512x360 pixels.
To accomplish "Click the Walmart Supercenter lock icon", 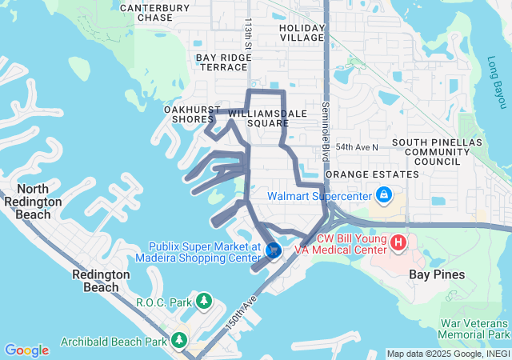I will click(x=384, y=194).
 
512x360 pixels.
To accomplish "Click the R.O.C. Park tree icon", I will click(x=205, y=302).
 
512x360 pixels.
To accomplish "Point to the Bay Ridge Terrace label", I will click(x=223, y=62).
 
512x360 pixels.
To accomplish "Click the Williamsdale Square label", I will click(x=267, y=118).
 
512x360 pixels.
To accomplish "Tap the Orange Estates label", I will click(x=373, y=174).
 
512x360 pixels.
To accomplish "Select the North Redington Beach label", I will click(x=33, y=196).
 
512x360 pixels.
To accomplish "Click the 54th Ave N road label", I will click(x=357, y=147).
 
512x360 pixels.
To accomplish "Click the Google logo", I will click(x=26, y=350).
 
